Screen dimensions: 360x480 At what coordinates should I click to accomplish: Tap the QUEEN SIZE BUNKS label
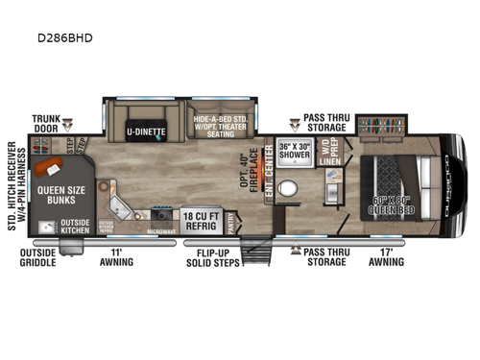click(x=63, y=196)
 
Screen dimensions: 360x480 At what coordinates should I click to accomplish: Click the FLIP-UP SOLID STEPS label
click(x=213, y=259)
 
